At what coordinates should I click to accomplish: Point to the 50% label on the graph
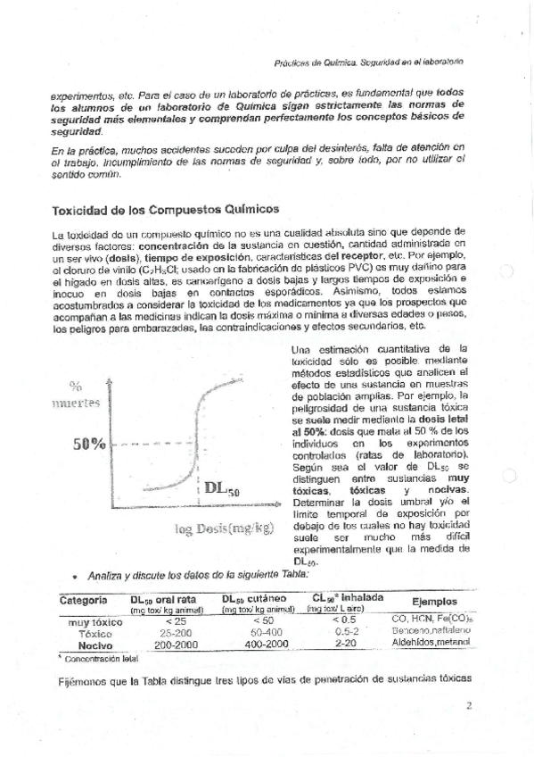tap(90, 443)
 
